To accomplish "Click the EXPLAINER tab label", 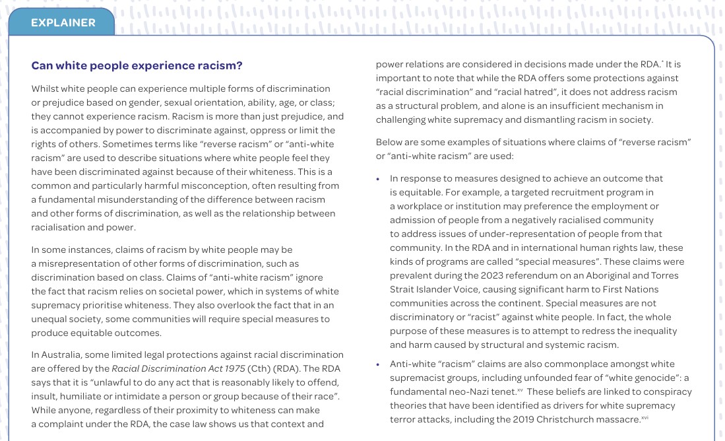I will [63, 22].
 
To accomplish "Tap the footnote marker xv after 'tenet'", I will [520, 390].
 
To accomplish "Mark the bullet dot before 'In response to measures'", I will [378, 179].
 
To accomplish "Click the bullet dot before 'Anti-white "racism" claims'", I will [378, 364].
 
